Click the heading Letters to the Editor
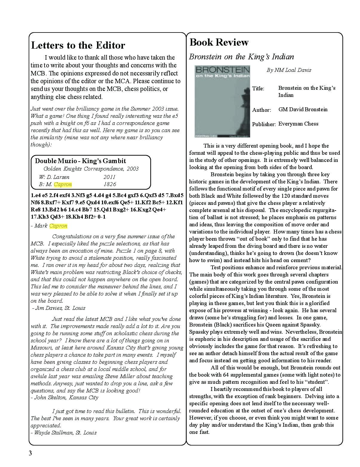78,45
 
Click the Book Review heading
219,42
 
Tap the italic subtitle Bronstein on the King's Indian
241,57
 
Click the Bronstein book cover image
222,101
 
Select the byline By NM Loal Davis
289,70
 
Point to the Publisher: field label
264,124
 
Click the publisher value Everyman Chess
298,123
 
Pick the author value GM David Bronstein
303,109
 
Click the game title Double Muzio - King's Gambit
81,161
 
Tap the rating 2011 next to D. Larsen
109,177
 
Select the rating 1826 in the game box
110,184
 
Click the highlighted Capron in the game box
63,184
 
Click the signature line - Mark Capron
49,226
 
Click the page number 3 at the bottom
30,453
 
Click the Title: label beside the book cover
258,89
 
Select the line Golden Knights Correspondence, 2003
91,169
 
